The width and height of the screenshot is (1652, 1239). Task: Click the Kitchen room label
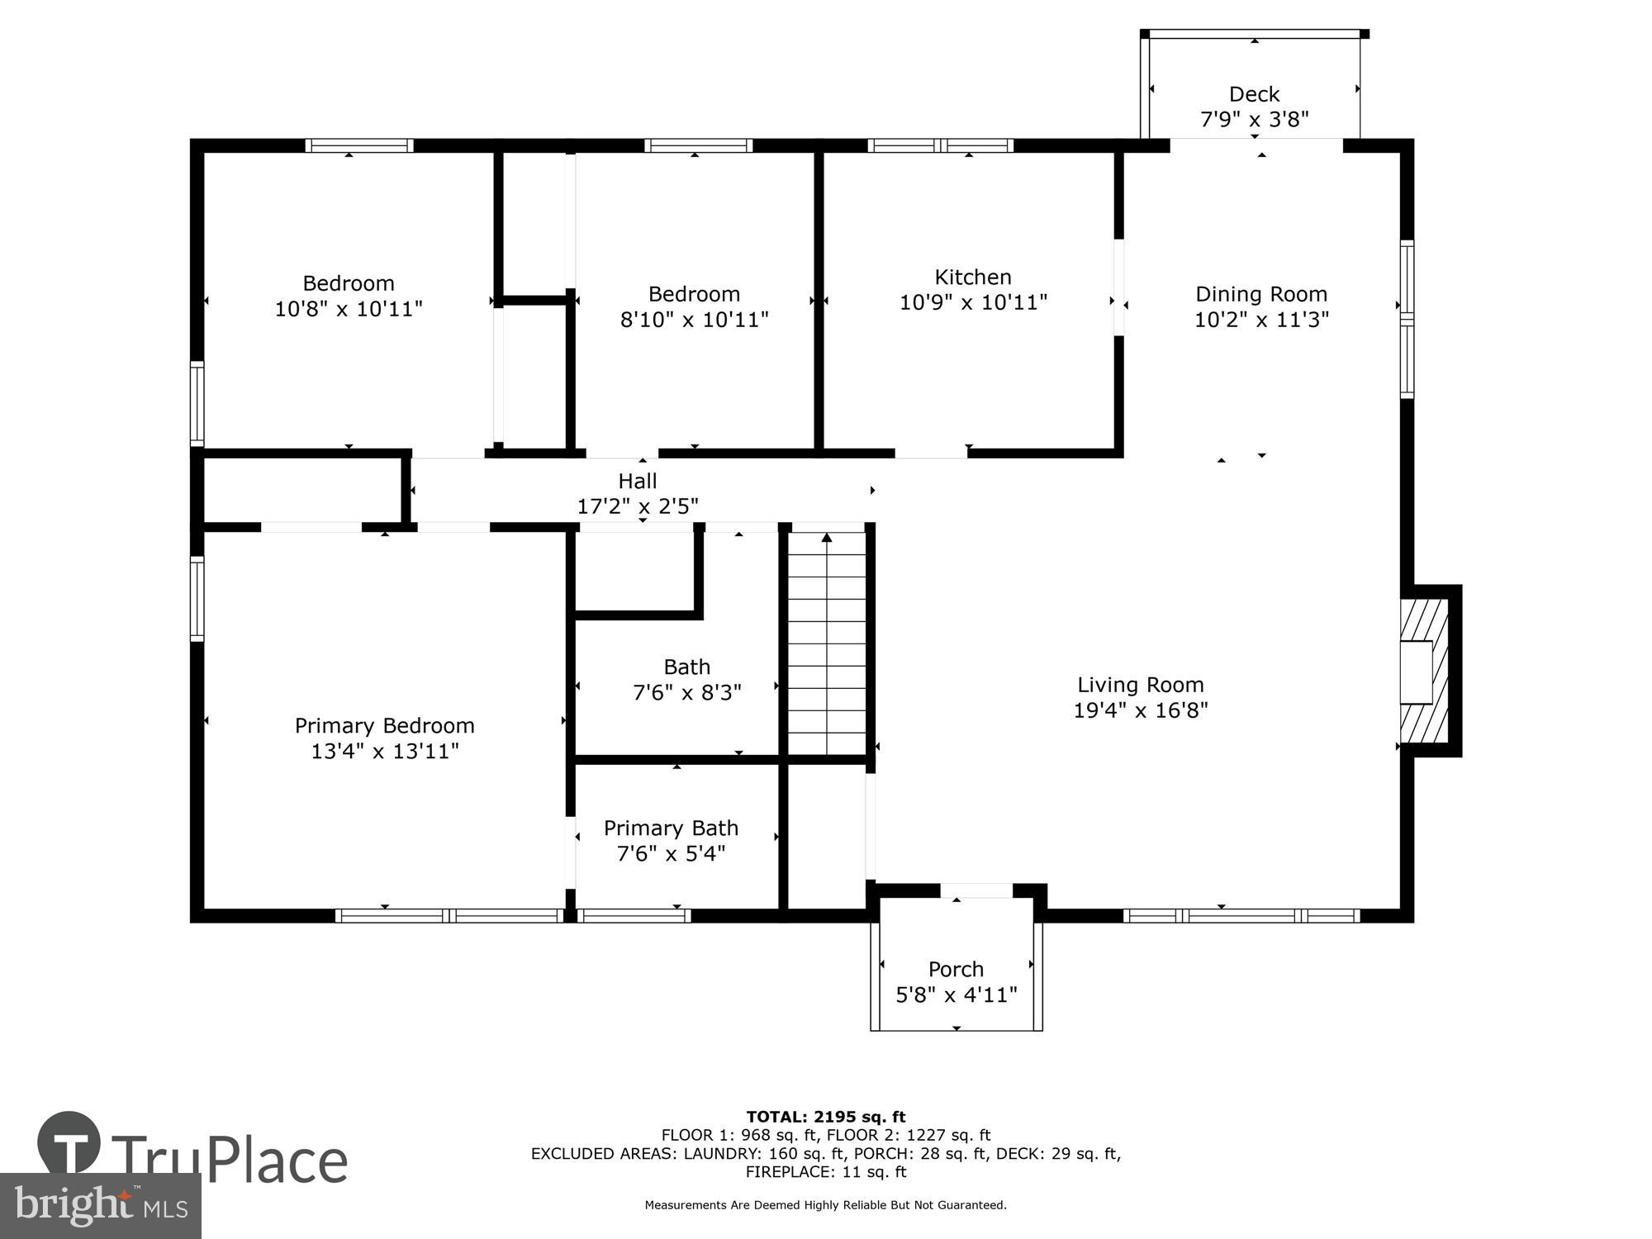point(972,277)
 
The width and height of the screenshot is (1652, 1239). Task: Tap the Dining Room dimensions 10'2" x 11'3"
point(1260,320)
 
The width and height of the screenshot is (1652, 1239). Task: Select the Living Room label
point(1140,685)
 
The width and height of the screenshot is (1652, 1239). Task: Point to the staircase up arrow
point(826,539)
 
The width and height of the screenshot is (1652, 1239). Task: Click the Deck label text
point(1254,94)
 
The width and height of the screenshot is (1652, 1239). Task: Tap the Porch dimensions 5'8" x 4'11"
point(956,995)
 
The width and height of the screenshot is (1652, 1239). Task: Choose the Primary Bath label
point(671,828)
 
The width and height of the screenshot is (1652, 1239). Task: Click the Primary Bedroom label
point(384,725)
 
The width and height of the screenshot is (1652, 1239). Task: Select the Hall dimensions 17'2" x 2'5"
point(637,506)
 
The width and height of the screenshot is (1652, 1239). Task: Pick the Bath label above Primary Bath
point(686,667)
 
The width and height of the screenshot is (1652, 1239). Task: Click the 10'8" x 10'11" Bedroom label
point(348,283)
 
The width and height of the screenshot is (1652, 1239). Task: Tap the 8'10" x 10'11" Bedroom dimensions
point(694,320)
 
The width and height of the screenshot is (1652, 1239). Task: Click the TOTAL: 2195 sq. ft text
point(825,1117)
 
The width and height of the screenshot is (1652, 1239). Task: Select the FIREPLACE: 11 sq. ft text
point(825,1171)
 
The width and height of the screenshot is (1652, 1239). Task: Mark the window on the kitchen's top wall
point(940,146)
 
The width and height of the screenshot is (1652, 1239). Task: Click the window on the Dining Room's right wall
point(1406,319)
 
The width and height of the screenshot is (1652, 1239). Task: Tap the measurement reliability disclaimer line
point(825,1205)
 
